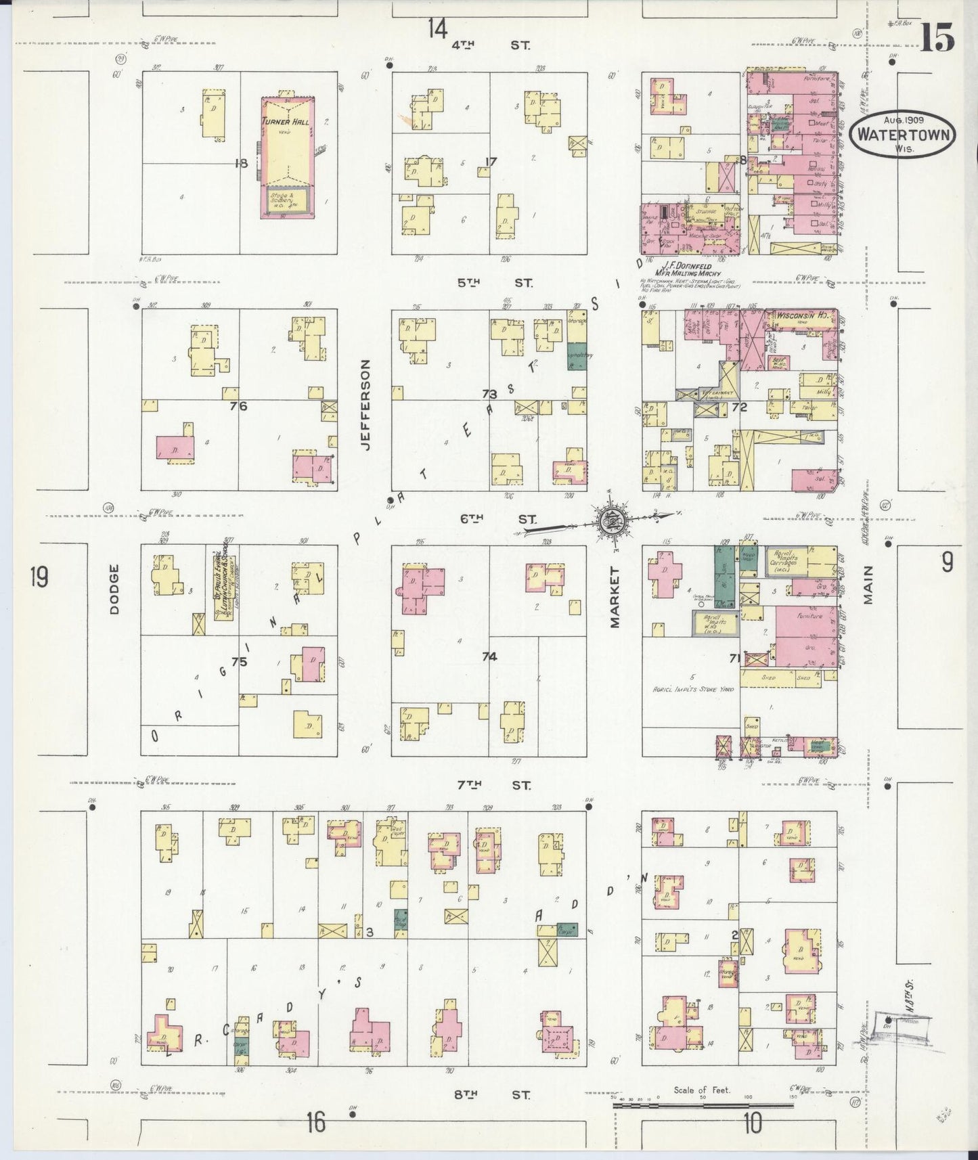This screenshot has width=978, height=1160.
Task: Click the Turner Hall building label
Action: (286, 122)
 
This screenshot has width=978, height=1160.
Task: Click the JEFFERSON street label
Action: (367, 405)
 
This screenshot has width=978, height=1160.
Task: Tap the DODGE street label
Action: (114, 589)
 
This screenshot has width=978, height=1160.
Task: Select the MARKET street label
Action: (615, 598)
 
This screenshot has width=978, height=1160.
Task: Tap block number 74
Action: (489, 656)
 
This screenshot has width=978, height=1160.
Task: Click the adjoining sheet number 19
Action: (39, 579)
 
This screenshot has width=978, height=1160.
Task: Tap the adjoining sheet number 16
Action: (315, 1123)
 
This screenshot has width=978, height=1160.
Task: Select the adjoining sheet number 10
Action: (751, 1123)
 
